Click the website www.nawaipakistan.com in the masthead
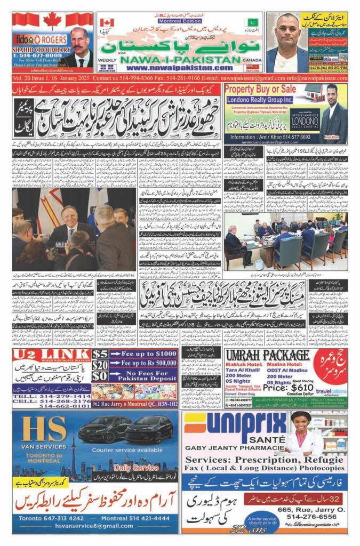[173, 68]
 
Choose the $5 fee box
[100, 354]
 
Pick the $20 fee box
[100, 365]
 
